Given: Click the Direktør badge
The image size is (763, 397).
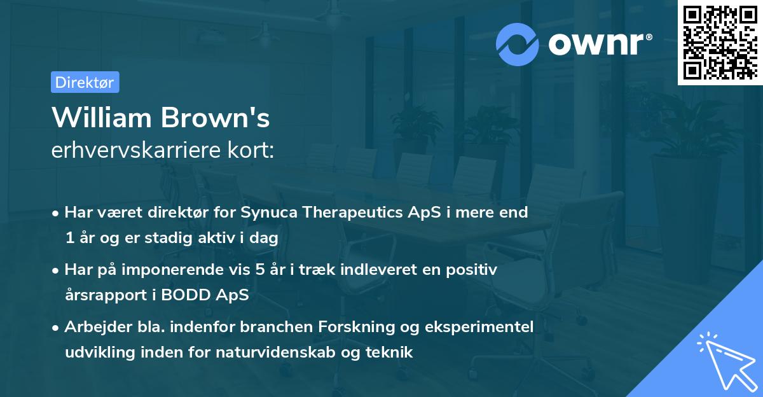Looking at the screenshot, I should click(85, 82).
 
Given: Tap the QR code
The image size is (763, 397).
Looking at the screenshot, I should click(719, 42).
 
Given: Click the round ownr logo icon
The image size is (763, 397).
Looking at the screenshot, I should click(518, 44).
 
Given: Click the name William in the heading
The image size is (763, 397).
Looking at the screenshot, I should click(101, 118).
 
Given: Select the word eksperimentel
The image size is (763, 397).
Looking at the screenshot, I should click(481, 327).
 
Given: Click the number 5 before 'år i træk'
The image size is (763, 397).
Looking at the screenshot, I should click(259, 270).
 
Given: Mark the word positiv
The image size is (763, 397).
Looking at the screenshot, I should click(472, 270).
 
